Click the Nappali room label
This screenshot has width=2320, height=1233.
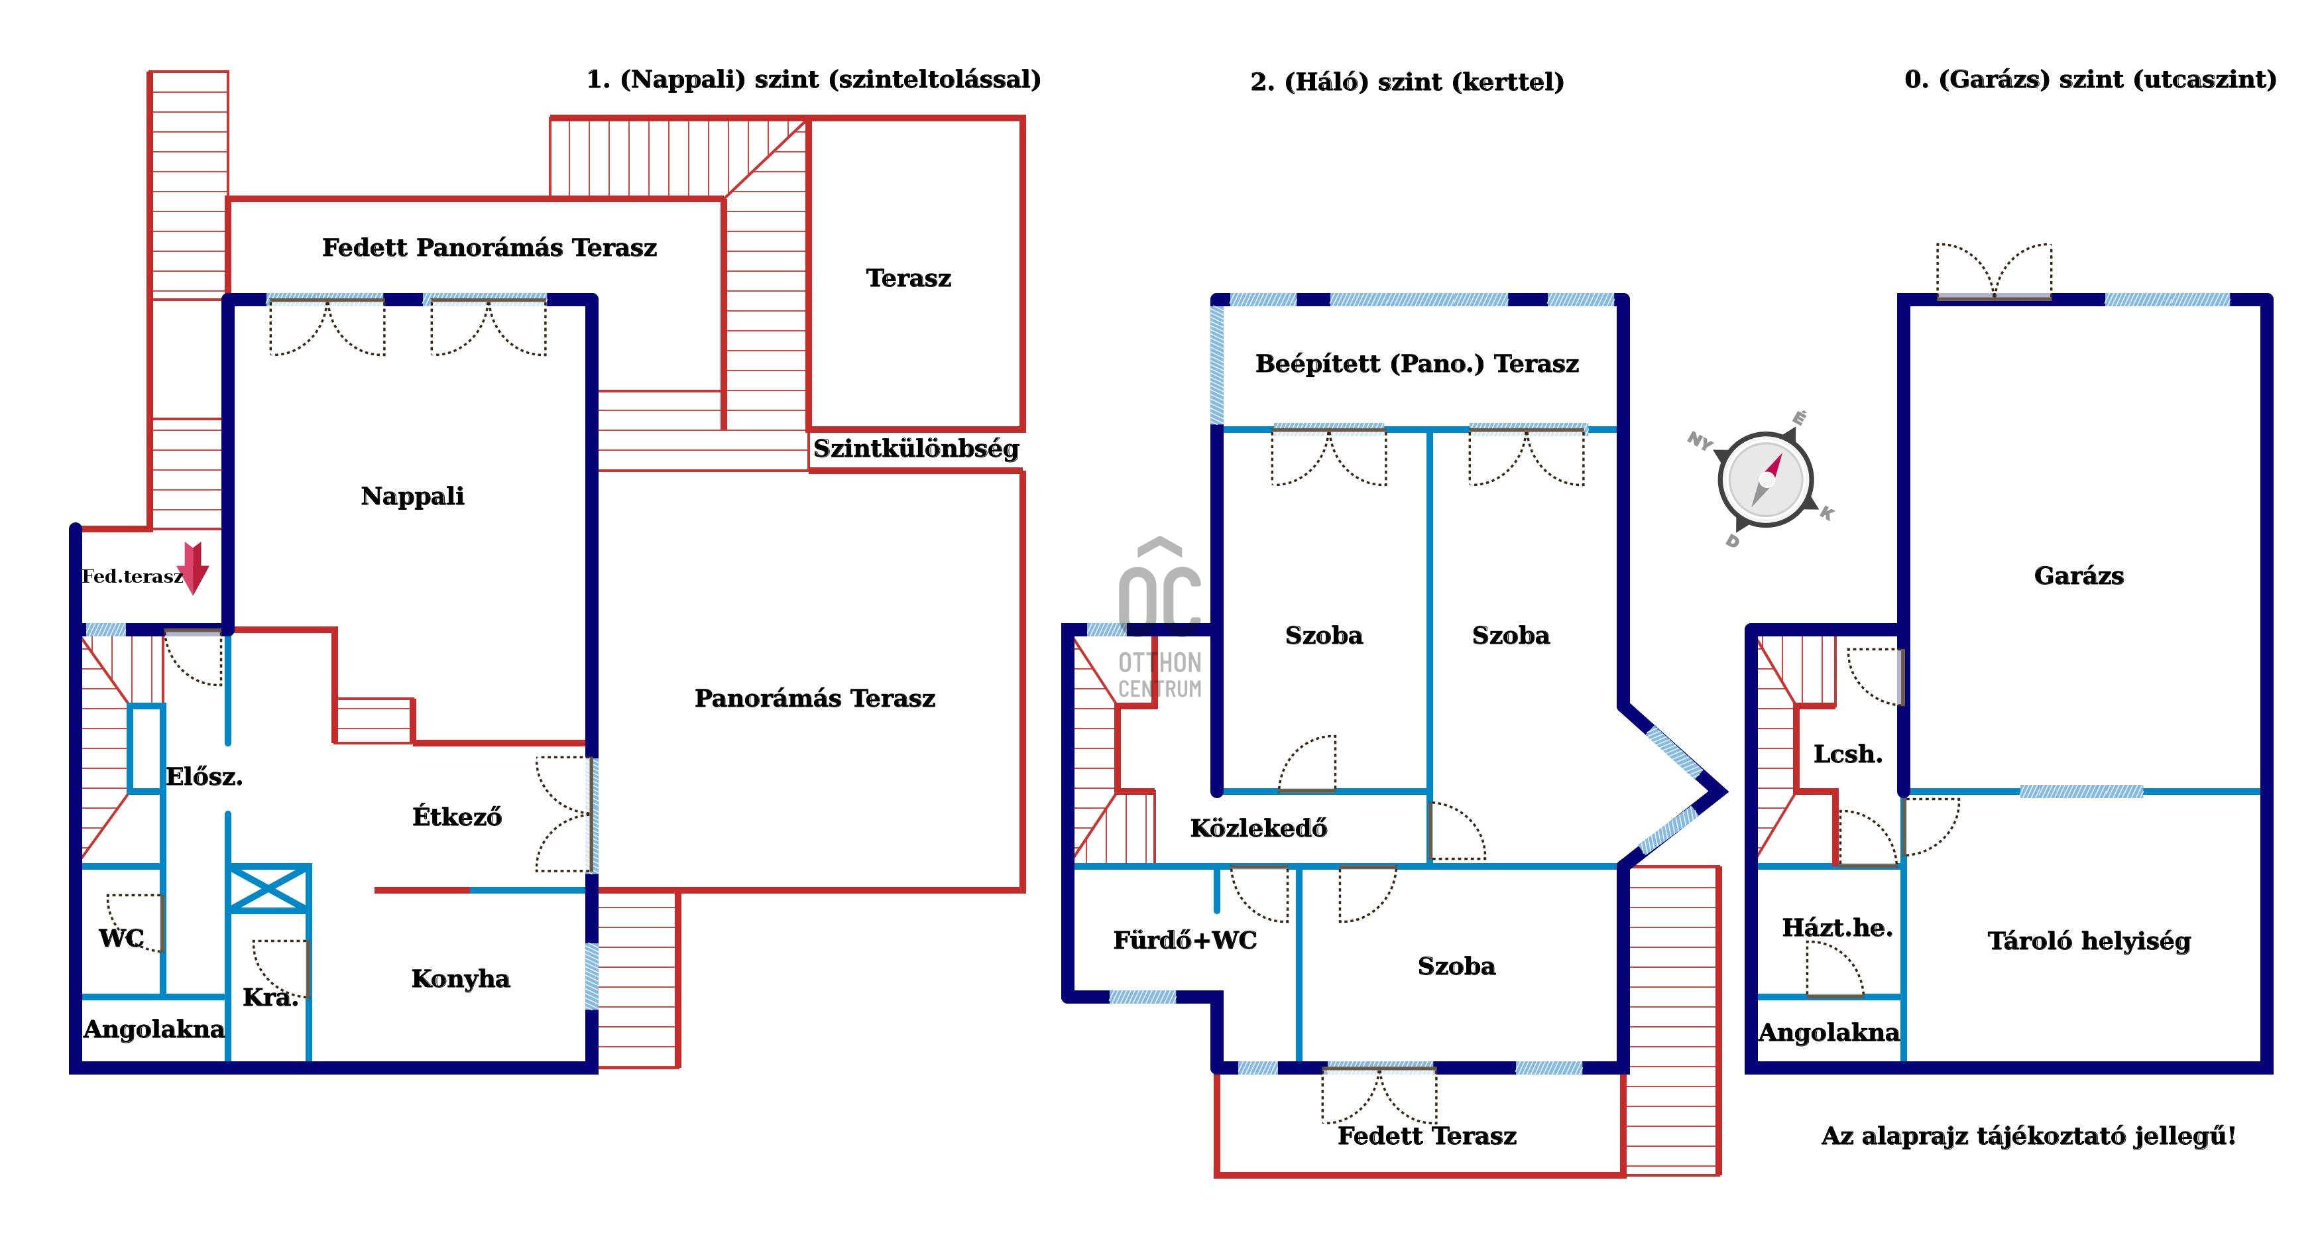412,497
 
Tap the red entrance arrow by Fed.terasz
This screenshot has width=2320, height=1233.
193,568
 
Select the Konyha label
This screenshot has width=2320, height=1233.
460,979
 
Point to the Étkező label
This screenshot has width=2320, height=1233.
457,817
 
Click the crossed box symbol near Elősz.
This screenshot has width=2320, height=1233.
269,889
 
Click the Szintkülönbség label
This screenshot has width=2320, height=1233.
916,449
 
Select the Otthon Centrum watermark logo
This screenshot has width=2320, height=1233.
1160,621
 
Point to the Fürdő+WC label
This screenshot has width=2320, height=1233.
1185,940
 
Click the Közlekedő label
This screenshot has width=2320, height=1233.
1258,829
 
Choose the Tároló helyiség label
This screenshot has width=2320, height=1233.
2089,941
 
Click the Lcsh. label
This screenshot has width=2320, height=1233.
1847,754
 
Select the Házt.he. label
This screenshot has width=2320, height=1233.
1837,927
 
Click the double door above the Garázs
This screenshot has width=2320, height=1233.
1994,270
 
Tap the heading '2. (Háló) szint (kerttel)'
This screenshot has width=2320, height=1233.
1407,82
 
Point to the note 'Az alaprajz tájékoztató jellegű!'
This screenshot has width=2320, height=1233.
2028,1136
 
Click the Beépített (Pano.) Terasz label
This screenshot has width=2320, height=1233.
1417,364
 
